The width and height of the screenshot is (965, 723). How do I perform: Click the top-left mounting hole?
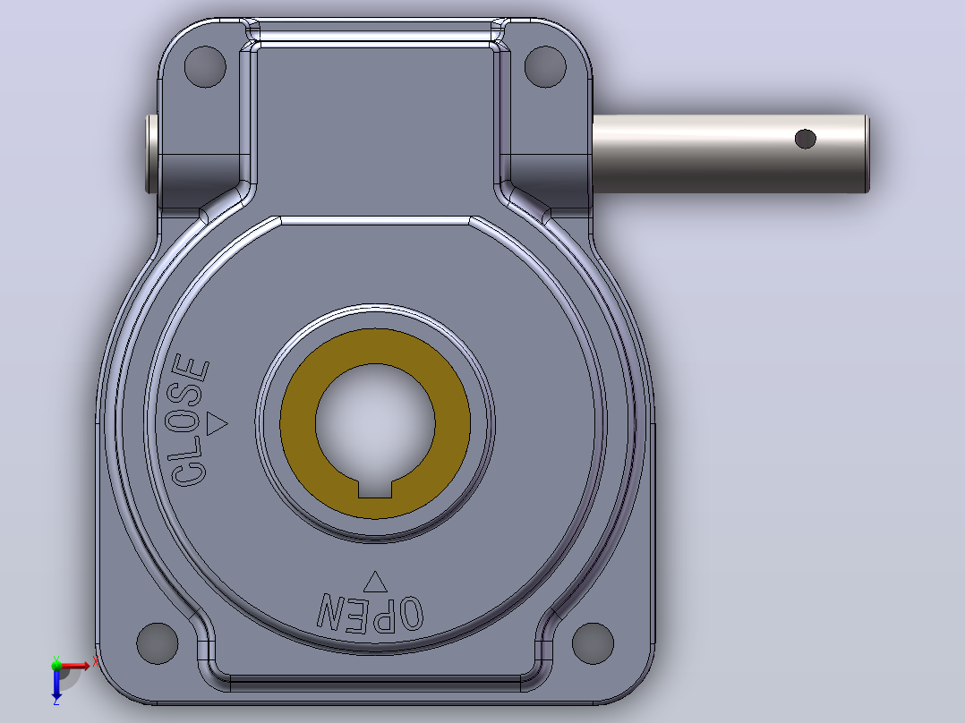click(x=205, y=66)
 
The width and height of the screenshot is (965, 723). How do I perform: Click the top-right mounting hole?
click(x=545, y=66)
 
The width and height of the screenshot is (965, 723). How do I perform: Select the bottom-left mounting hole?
click(x=157, y=643)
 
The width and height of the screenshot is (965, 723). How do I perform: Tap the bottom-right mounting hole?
click(x=593, y=643)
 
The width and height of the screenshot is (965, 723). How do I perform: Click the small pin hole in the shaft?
click(x=806, y=139)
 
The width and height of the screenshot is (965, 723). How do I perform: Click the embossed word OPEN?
click(x=370, y=613)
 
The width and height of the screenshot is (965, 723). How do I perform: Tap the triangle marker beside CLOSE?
click(x=216, y=423)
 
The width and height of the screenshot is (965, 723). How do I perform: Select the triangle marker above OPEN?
click(x=375, y=582)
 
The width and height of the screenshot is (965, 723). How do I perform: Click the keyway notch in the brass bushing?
click(x=375, y=489)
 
